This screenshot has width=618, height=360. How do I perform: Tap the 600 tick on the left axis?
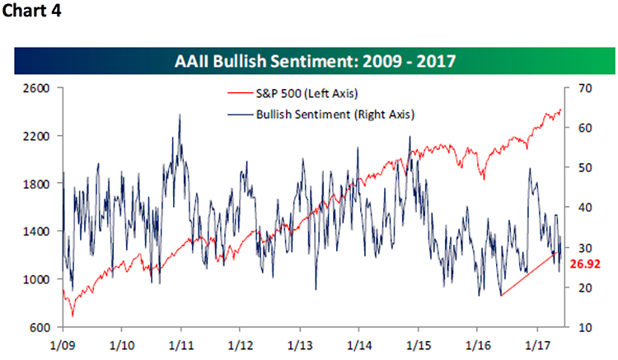(42, 328)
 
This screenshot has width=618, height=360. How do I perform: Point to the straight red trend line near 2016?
(527, 274)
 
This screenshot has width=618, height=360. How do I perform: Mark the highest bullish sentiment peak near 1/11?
(180, 115)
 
